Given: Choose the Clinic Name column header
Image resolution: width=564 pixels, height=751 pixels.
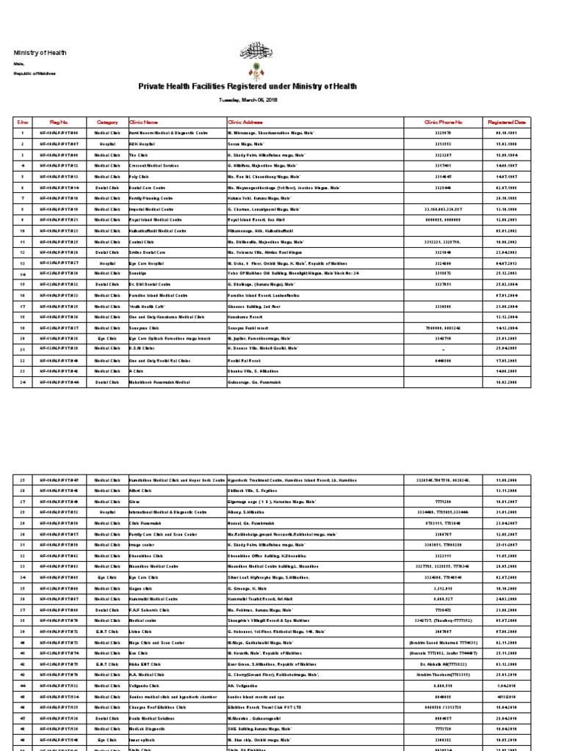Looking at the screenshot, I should (x=144, y=122).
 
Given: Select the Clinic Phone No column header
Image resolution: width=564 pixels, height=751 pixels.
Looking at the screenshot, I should (x=444, y=122).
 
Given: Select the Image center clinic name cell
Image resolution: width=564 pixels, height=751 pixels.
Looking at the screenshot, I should (x=141, y=544).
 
